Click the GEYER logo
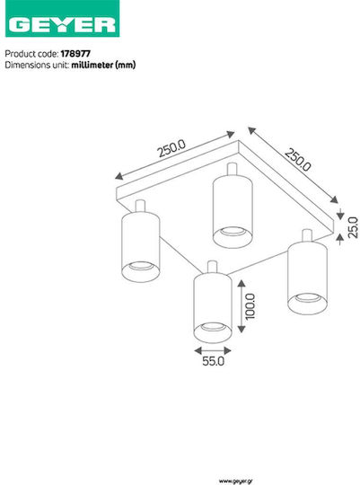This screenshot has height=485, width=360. pyautogui.click(x=63, y=19)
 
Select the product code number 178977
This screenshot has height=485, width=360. pyautogui.click(x=75, y=54)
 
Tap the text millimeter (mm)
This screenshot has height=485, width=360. pyautogui.click(x=103, y=65)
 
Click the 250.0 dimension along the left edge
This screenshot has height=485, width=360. pyautogui.click(x=171, y=148)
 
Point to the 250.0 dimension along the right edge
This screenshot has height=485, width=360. pyautogui.click(x=297, y=159)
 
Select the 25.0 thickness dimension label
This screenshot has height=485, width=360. pyautogui.click(x=353, y=227)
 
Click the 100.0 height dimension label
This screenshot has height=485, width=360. pyautogui.click(x=250, y=306)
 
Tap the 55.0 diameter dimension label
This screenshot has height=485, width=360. pyautogui.click(x=213, y=361)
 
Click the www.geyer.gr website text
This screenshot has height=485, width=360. pyautogui.click(x=236, y=481)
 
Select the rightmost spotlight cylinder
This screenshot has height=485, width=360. pyautogui.click(x=307, y=278)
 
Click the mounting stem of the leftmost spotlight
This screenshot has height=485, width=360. pyautogui.click(x=140, y=206)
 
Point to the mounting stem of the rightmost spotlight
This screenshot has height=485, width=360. pyautogui.click(x=307, y=235)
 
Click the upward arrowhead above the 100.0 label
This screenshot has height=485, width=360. pyautogui.click(x=241, y=283)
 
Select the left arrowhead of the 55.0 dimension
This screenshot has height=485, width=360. pyautogui.click(x=198, y=351)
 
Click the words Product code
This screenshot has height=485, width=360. pyautogui.click(x=31, y=54)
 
